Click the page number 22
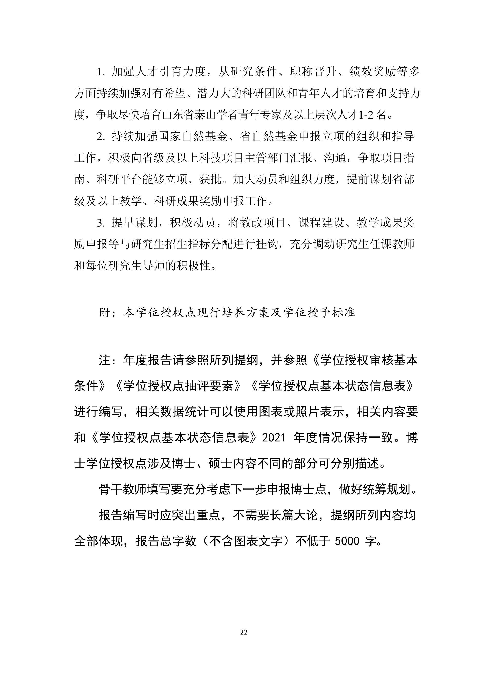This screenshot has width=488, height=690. point(244,632)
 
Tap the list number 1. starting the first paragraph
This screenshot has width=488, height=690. point(101,72)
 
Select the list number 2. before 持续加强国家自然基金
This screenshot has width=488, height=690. point(101,137)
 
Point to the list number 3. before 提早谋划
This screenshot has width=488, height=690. point(101,223)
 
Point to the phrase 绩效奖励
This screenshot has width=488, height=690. point(372,72)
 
